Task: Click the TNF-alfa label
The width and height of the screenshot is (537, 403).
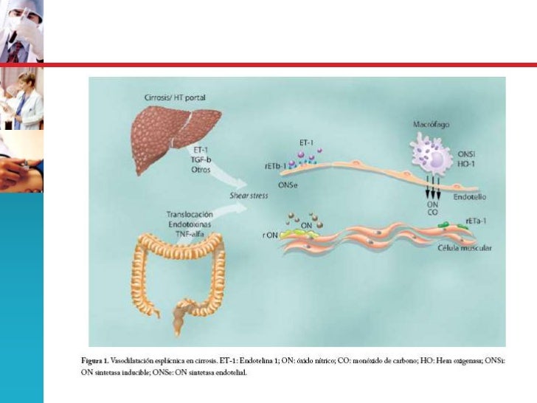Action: coord(193,233)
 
